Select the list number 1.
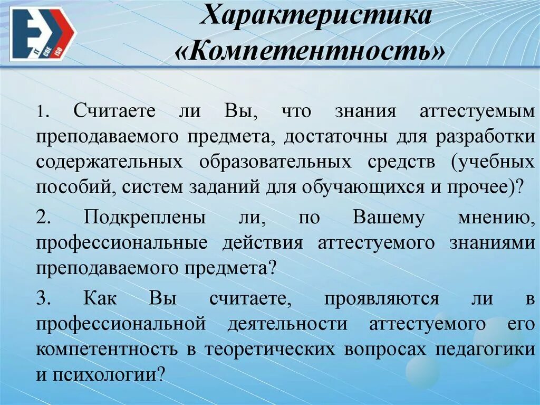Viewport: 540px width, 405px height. coord(43,113)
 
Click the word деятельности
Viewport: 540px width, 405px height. coord(287,323)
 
